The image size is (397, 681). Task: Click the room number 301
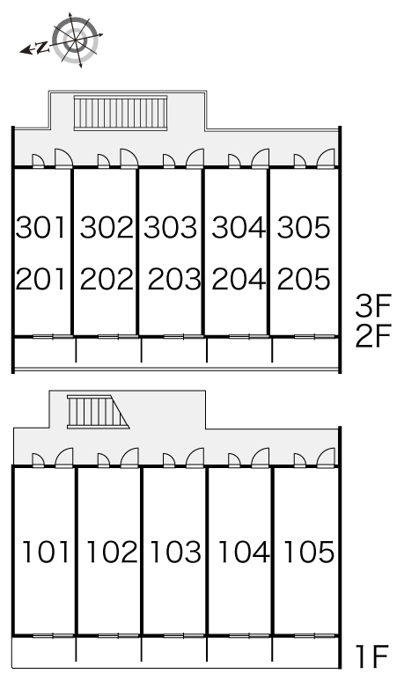(x=40, y=227)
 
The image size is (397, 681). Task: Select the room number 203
(x=174, y=279)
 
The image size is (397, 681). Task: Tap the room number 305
(x=304, y=227)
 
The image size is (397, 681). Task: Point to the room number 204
(x=239, y=279)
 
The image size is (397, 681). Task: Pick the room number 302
(x=107, y=227)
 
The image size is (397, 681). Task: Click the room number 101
(x=46, y=552)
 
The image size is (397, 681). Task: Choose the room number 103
(x=175, y=552)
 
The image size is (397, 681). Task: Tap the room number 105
(x=309, y=552)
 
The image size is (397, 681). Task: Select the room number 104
(x=244, y=552)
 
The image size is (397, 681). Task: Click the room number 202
(x=107, y=279)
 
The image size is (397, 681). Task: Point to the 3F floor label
(x=373, y=306)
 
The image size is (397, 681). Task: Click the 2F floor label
(x=373, y=336)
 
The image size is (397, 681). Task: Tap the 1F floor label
(x=371, y=656)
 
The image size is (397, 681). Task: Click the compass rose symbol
(x=75, y=40)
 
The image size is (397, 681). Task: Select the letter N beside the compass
(x=41, y=48)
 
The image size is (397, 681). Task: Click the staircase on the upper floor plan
(x=121, y=113)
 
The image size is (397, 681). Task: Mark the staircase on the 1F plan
(x=98, y=412)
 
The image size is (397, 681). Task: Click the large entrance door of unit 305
(x=326, y=158)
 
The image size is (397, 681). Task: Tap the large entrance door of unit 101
(x=64, y=458)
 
